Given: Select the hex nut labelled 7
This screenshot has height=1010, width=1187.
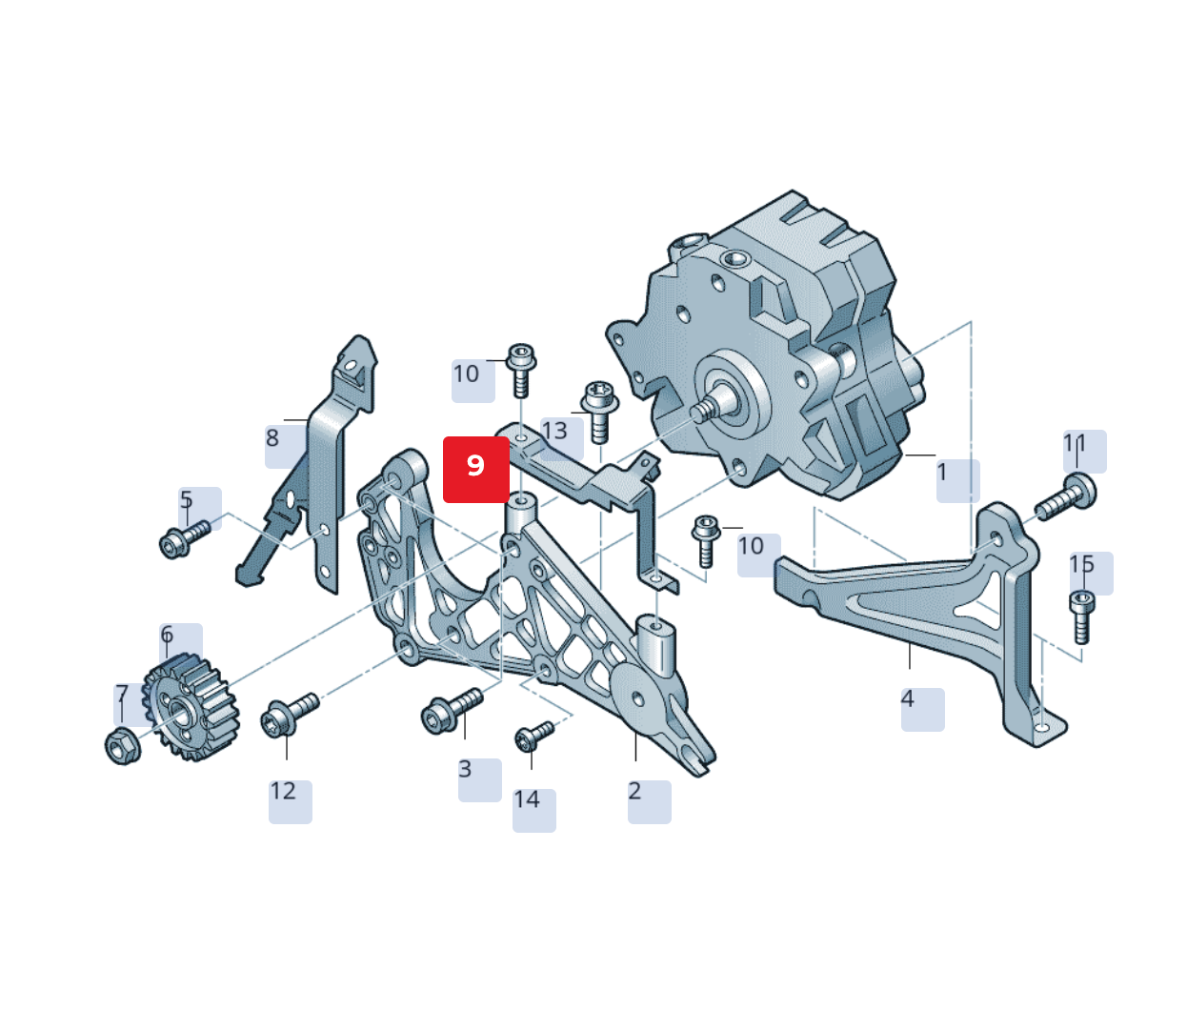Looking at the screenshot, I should (123, 745).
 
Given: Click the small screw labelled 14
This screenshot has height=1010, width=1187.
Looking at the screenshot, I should (533, 737).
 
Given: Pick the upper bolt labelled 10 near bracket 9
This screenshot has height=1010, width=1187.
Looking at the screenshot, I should (520, 368).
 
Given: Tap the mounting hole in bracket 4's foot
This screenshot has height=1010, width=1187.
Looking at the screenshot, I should (1042, 728).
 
